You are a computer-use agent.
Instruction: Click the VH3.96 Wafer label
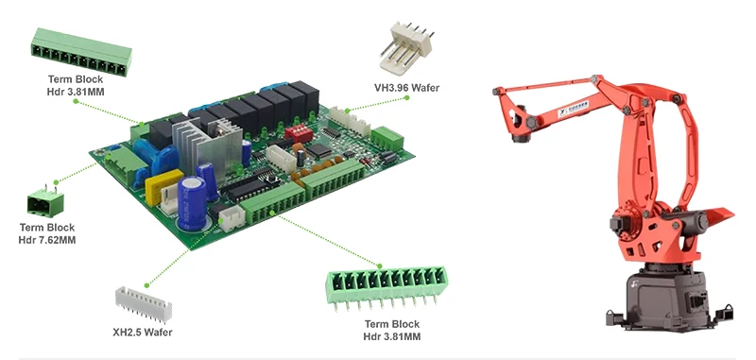pyautogui.click(x=406, y=89)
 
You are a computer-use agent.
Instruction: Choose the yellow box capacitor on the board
pyautogui.click(x=163, y=178)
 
